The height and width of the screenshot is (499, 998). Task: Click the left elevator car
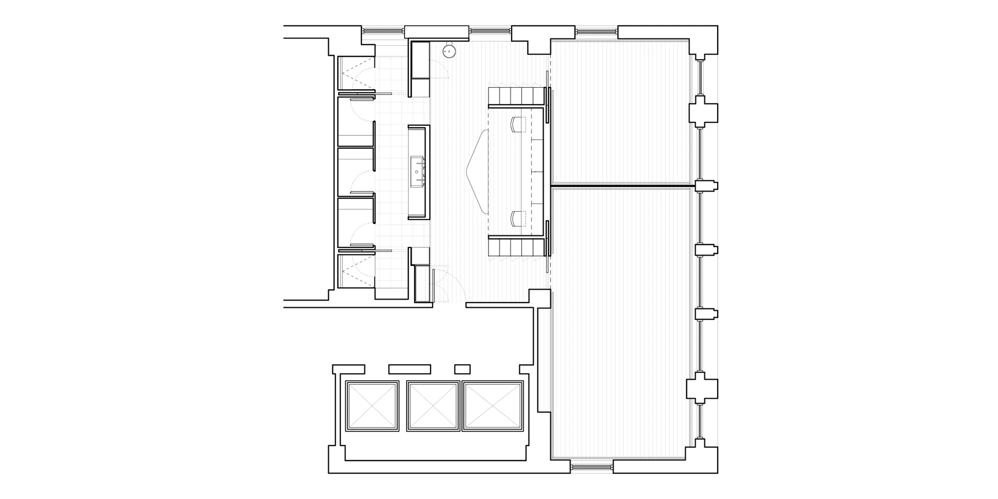372,407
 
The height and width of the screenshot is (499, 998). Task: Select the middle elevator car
433,407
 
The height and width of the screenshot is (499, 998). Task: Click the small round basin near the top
451,51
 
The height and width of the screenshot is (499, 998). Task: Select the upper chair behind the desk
517,124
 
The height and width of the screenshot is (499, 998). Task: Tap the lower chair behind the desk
517,218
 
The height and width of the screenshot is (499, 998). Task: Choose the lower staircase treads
516,247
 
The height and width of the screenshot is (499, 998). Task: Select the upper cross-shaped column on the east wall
704,113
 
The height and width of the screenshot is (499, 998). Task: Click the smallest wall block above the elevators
463,369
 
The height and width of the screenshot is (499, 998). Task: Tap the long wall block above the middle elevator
409,369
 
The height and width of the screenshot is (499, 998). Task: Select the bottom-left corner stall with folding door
355,271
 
